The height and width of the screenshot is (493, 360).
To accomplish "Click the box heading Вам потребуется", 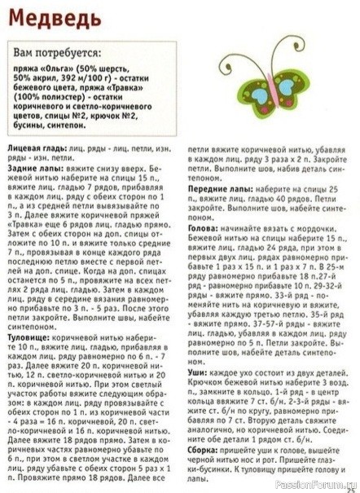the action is click(55, 51).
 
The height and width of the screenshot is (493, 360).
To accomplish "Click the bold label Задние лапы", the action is click(32, 168).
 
